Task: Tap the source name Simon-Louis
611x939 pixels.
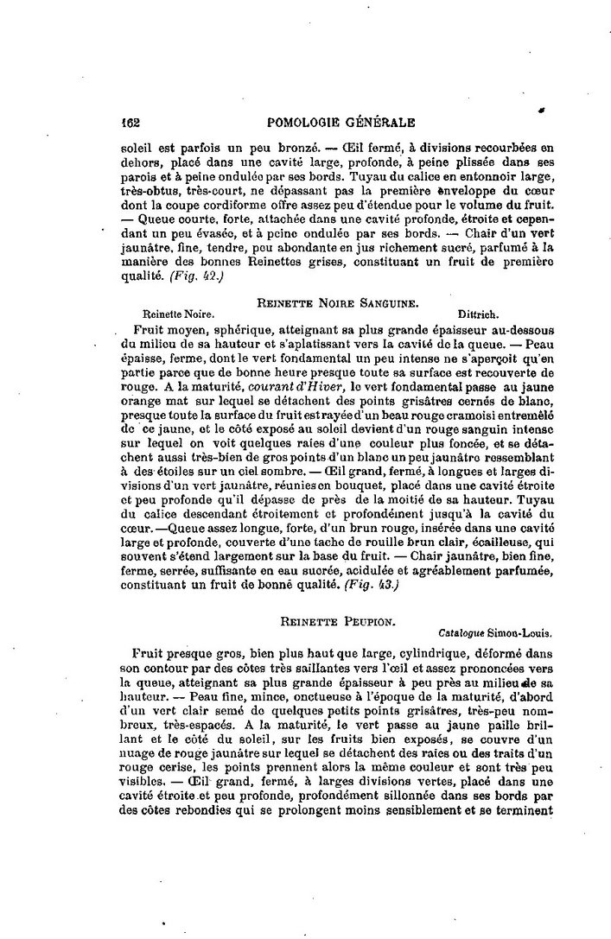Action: [x=523, y=631]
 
